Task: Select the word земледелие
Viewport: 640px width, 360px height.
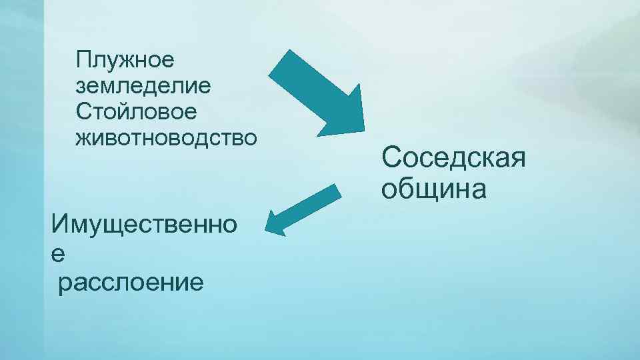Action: tap(144, 86)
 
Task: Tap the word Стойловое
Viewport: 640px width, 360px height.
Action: tap(137, 111)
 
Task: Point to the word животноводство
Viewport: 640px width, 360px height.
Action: tap(166, 137)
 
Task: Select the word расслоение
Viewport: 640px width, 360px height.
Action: tap(130, 283)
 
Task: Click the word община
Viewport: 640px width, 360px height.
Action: tap(434, 189)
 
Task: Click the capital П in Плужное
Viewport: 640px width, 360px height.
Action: tap(84, 60)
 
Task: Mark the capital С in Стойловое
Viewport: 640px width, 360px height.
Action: tap(84, 111)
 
